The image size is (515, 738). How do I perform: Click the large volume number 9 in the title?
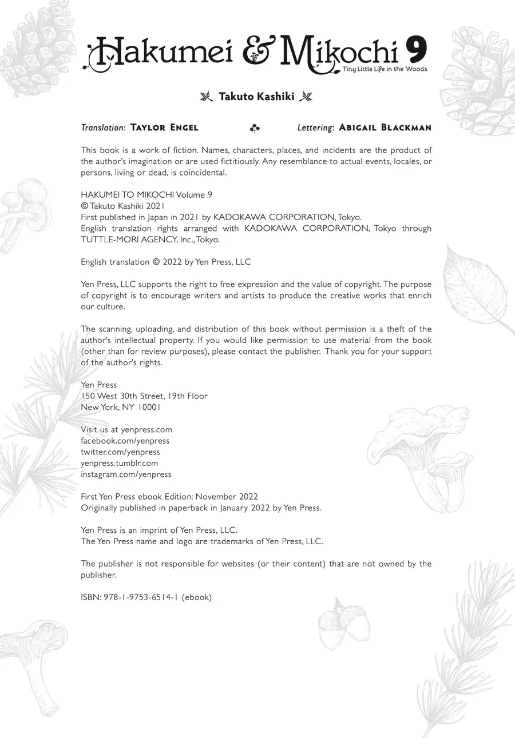(416, 51)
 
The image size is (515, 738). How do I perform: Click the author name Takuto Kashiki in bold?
(256, 97)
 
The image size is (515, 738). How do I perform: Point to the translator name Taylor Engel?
(164, 127)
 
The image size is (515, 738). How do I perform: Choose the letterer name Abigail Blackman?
(385, 127)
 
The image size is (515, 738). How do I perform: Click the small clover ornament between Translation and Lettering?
(255, 129)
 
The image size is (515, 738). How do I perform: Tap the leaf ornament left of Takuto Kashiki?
(206, 96)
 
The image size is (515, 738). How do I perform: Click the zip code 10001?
(149, 408)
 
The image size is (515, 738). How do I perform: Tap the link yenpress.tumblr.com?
(119, 463)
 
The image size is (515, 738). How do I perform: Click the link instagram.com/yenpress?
(126, 474)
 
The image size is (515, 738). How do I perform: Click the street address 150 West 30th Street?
(123, 396)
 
